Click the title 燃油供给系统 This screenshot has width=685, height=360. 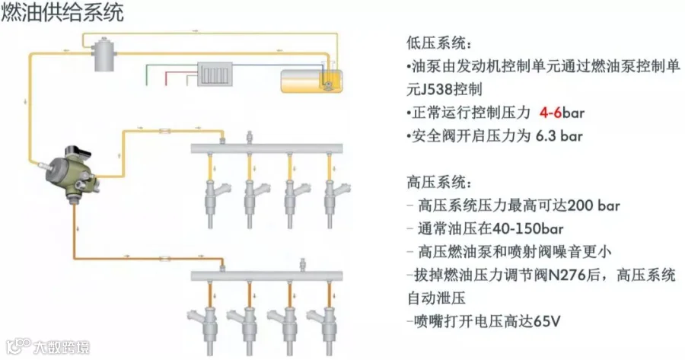[x=62, y=13]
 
